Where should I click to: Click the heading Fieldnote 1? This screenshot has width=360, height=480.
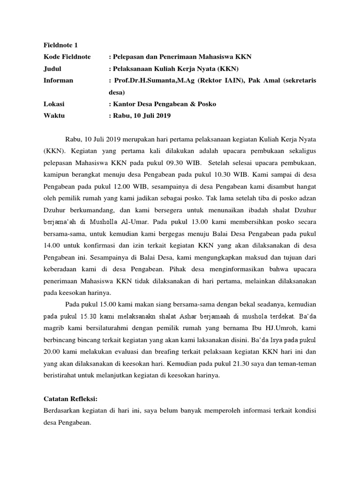(57, 45)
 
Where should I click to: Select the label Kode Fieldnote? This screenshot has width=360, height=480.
(62, 57)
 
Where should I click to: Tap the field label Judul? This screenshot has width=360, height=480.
(46, 68)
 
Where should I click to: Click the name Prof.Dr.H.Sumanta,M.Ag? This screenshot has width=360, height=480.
(151, 80)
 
